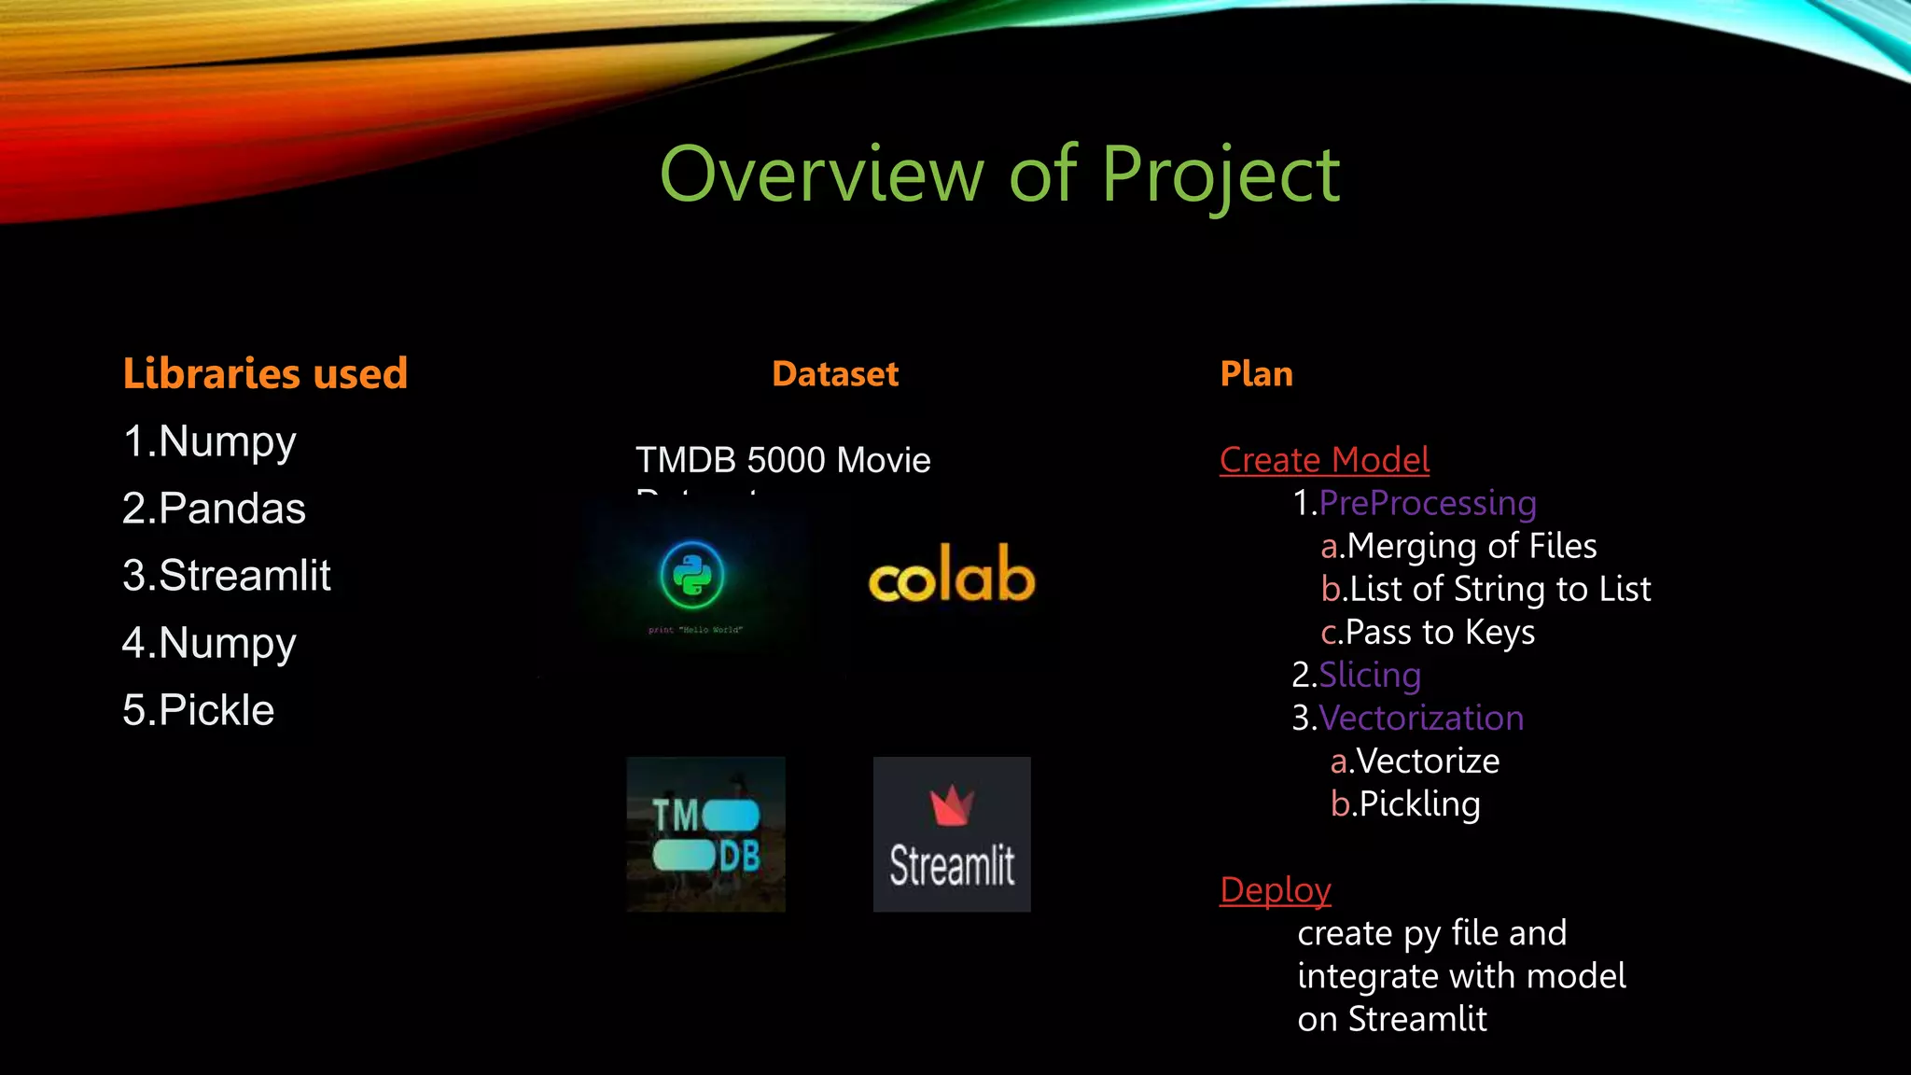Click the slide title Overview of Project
999,175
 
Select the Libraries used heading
265,373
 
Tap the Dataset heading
835,374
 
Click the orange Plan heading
1256,374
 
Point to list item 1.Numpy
209,441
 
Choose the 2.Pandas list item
214,509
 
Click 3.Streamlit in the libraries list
227,576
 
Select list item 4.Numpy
209,643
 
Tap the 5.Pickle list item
198,710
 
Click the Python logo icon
691,575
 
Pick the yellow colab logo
952,575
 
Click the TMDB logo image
705,834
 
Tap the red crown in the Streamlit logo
952,805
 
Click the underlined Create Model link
1324,460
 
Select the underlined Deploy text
1275,890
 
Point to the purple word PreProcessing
1427,503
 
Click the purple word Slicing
1369,675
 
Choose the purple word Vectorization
1420,718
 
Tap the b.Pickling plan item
1405,803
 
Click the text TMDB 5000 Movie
783,460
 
